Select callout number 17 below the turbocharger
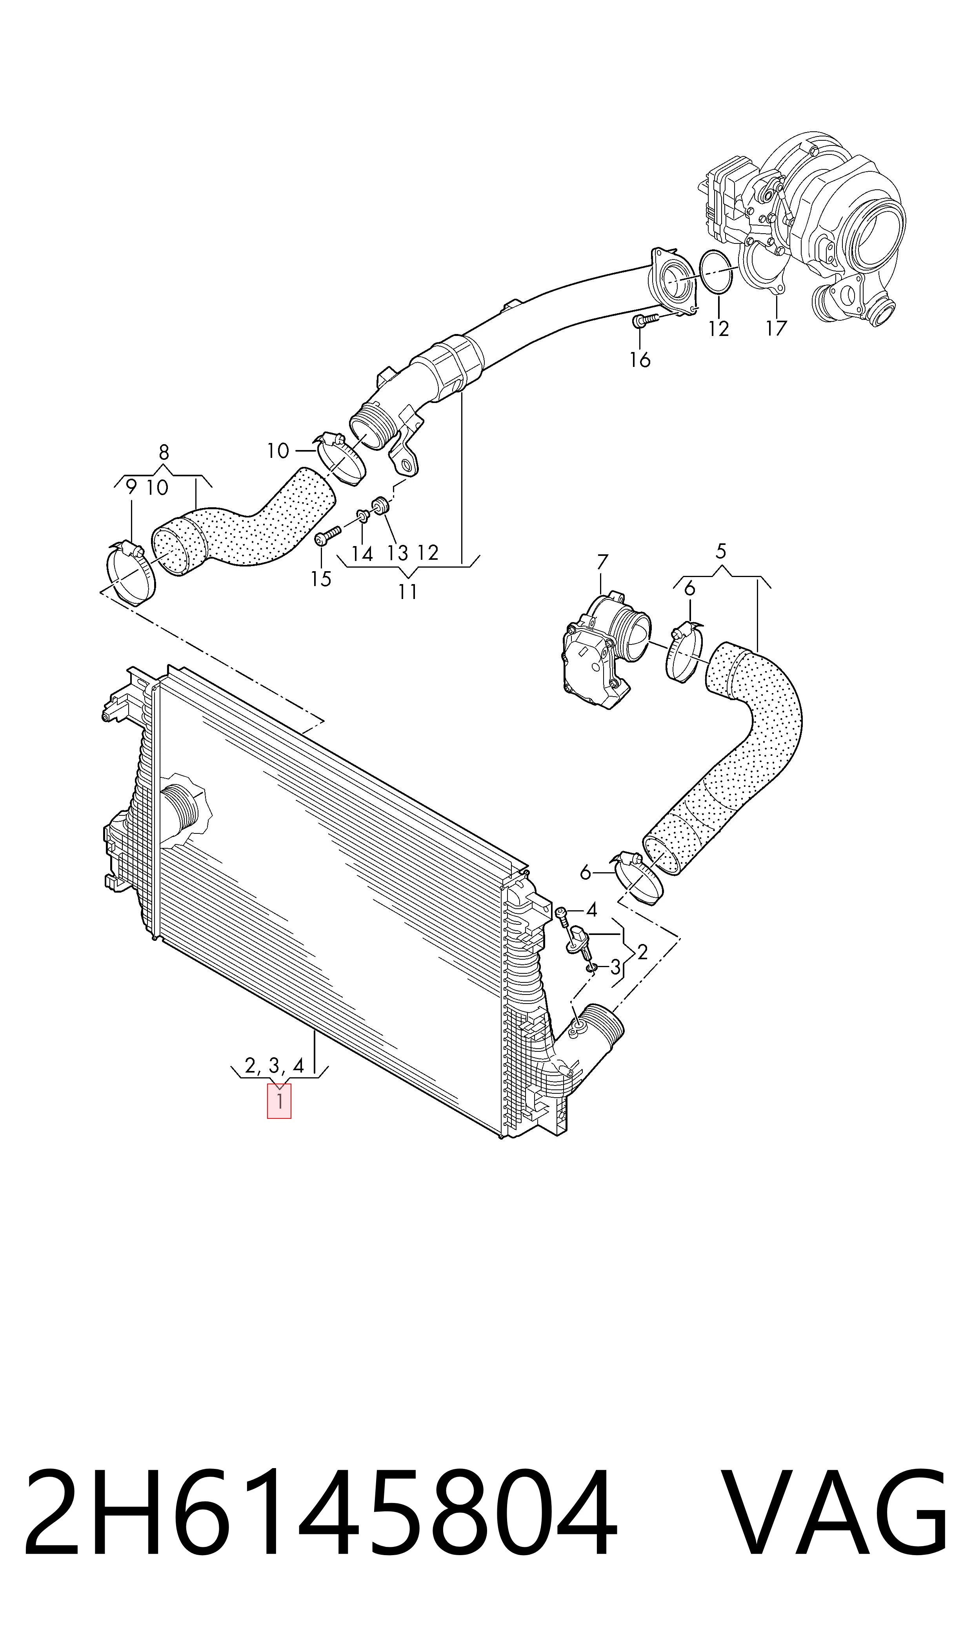pos(776,328)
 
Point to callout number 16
pos(640,359)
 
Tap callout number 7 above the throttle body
pos(602,562)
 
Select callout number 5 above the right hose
pos(720,551)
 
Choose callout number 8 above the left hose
pos(164,452)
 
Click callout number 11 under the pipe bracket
pos(408,591)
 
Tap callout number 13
pos(397,553)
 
